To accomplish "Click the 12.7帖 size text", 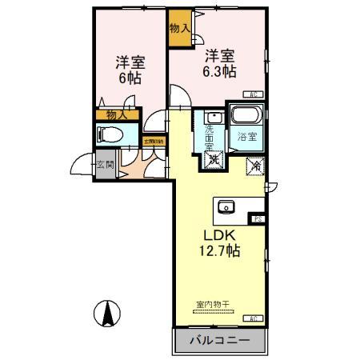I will point(219,250).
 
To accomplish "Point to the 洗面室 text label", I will point(210,136).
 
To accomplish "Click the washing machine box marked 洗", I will point(214,159).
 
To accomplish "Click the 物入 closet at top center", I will point(179,27).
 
